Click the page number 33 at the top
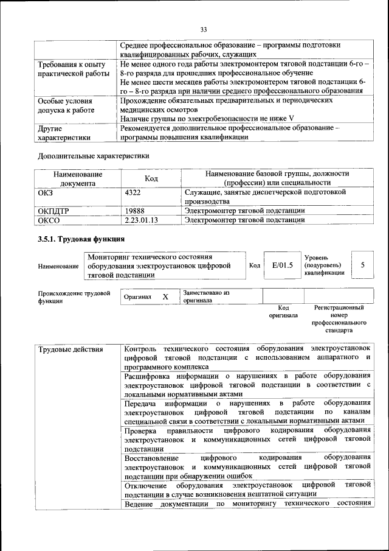[204, 29]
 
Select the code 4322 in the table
[133, 192]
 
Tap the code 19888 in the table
[135, 211]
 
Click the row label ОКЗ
[46, 192]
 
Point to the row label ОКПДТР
[54, 211]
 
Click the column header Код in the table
[151, 178]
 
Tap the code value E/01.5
[282, 265]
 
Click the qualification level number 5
[362, 265]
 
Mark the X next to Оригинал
[165, 297]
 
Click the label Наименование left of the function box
[58, 267]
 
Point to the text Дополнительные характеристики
[93, 156]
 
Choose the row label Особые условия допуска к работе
[65, 105]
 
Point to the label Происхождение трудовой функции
[74, 297]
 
